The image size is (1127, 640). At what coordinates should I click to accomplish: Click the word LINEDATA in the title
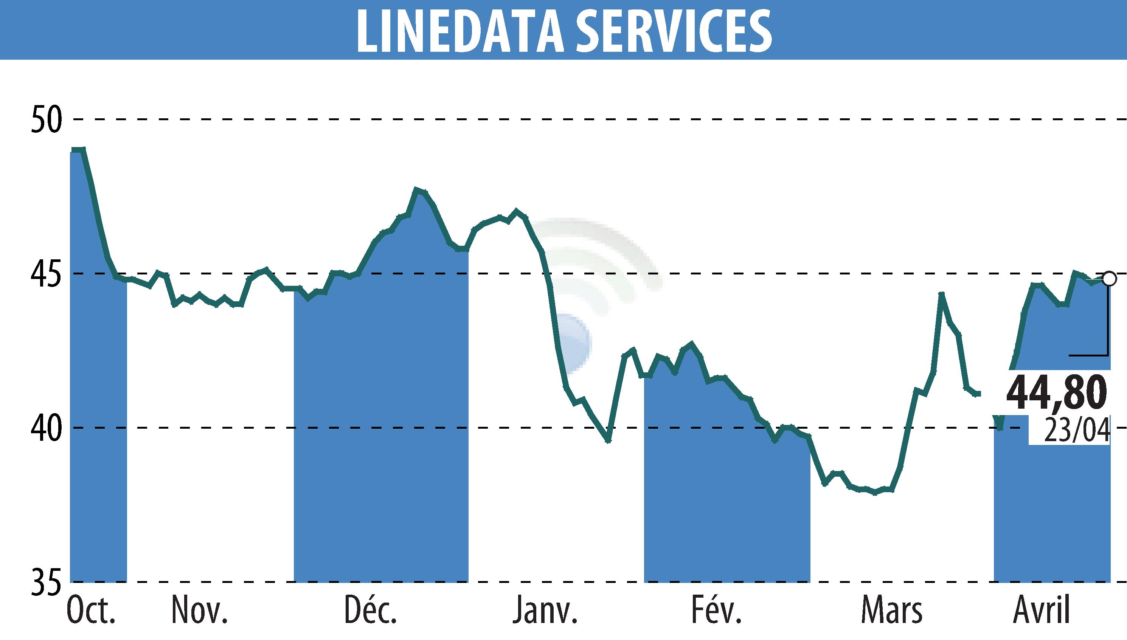(459, 29)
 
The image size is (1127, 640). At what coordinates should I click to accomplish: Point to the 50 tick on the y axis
(46, 119)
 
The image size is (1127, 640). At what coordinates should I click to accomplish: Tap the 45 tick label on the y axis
(46, 274)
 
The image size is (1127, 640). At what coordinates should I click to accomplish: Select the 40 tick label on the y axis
(46, 428)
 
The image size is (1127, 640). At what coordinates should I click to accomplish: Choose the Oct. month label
(92, 611)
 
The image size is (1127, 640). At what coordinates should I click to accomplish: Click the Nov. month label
(199, 611)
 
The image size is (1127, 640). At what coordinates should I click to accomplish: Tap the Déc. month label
(370, 611)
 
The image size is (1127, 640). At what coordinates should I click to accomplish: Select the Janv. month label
(544, 611)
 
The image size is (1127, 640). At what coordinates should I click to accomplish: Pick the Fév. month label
(716, 611)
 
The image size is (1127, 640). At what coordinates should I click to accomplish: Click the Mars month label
(891, 611)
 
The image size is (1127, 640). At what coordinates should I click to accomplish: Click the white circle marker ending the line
(1109, 279)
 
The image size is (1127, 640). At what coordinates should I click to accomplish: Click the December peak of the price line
(416, 190)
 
